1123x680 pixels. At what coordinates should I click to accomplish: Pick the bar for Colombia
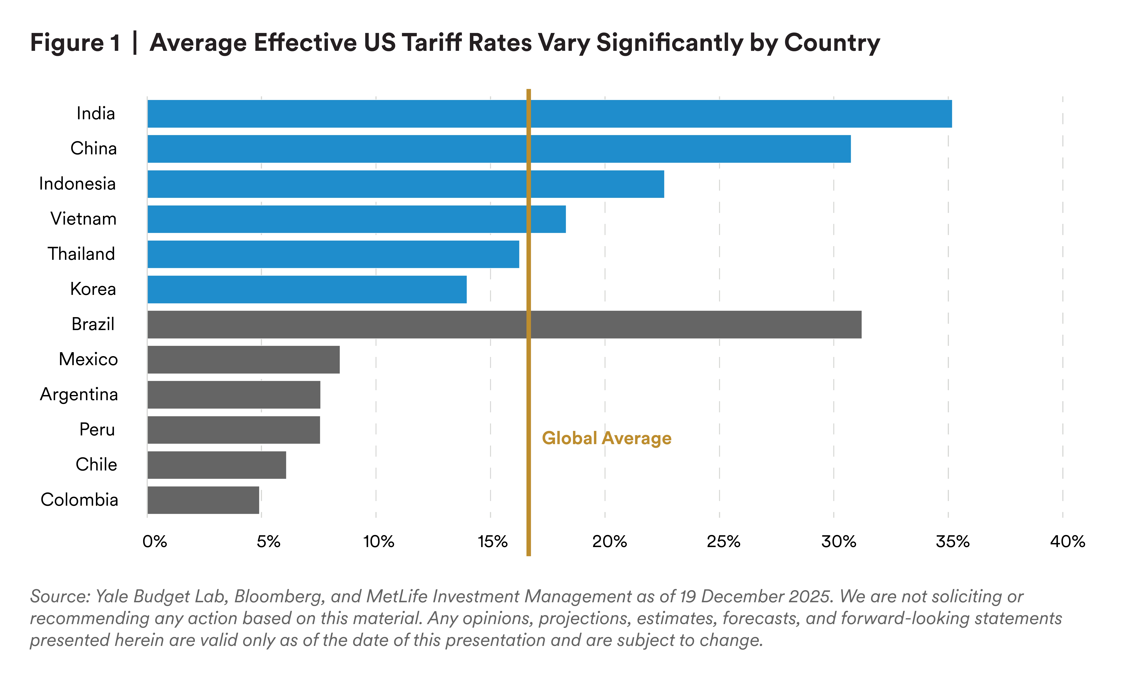203,500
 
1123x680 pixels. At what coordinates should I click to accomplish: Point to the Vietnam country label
83,219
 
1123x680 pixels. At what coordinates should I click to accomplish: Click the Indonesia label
77,184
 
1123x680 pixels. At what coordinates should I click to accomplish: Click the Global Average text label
606,438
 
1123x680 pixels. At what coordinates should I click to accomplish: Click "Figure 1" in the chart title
75,43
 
